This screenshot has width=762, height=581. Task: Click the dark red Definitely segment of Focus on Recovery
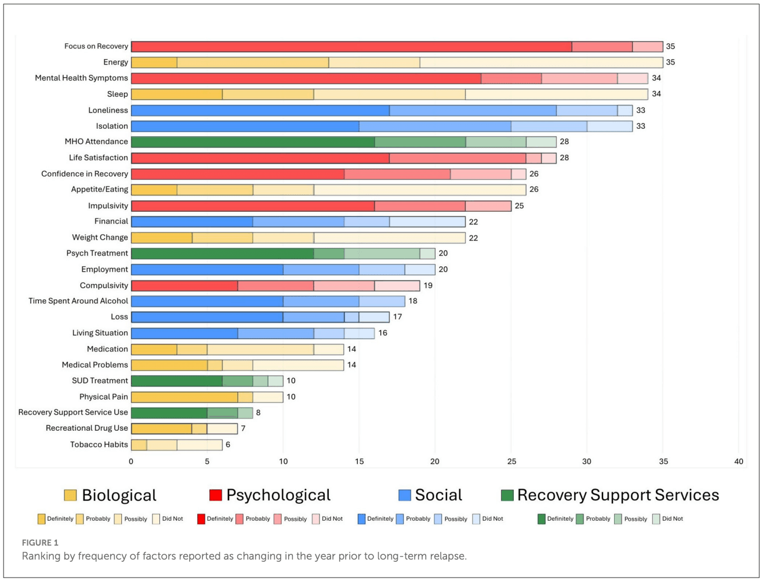click(x=351, y=46)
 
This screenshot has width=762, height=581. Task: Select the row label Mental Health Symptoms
click(x=81, y=78)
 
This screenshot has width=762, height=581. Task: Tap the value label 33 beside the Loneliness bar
click(x=640, y=110)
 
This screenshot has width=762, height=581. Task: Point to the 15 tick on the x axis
click(x=359, y=462)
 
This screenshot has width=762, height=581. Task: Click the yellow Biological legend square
click(x=70, y=495)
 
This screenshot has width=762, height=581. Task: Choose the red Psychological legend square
click(x=215, y=495)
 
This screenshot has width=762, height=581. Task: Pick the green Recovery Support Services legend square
click(x=507, y=495)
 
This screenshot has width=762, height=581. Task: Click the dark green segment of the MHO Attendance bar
click(x=253, y=142)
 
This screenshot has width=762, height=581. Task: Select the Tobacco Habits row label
click(x=99, y=445)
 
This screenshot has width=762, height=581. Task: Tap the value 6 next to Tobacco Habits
click(x=228, y=445)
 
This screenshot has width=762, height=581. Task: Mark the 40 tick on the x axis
click(x=738, y=462)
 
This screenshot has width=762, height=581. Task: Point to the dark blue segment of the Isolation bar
click(x=245, y=126)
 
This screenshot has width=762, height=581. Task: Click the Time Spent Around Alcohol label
click(x=78, y=301)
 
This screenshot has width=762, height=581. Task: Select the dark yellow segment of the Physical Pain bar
click(x=184, y=397)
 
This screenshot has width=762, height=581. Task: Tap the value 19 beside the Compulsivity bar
click(x=428, y=285)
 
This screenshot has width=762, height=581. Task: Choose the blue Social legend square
click(x=405, y=495)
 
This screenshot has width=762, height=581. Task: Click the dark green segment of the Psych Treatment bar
click(x=222, y=253)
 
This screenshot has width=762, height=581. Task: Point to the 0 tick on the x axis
click(x=131, y=462)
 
